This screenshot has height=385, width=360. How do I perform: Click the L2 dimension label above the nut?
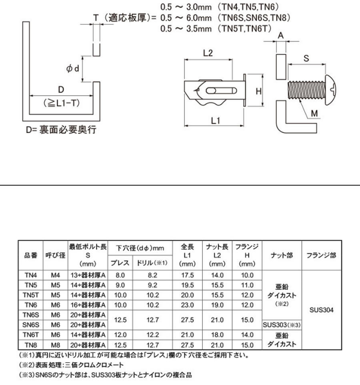tap(208, 53)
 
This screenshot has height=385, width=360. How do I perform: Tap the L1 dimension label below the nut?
tap(216, 121)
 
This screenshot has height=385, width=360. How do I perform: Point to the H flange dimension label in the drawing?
tap(258, 91)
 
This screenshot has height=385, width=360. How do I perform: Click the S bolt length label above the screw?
tap(306, 58)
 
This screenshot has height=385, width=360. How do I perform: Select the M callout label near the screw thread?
tap(314, 113)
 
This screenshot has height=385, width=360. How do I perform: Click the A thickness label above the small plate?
tap(281, 36)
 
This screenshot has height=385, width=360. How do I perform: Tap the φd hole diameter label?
tap(73, 68)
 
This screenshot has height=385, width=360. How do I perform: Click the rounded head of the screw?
tap(330, 90)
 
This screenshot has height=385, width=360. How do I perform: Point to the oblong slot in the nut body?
tap(221, 91)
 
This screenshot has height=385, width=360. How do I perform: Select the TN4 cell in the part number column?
tap(31, 275)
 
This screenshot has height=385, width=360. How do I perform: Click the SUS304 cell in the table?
tap(322, 310)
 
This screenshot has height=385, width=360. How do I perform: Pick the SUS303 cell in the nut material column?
tap(282, 325)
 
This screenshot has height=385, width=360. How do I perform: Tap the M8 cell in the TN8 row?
tap(56, 345)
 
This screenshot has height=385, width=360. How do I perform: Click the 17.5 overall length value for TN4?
tap(188, 275)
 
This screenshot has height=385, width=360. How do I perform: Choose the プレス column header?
tap(120, 263)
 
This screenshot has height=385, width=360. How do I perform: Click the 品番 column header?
tap(31, 255)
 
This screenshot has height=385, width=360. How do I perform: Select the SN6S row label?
tap(31, 325)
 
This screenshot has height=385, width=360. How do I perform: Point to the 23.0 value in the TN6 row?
tap(188, 305)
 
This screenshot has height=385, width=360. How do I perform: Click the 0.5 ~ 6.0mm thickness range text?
tap(186, 18)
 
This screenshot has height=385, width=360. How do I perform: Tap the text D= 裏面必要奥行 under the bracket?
tap(61, 130)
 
